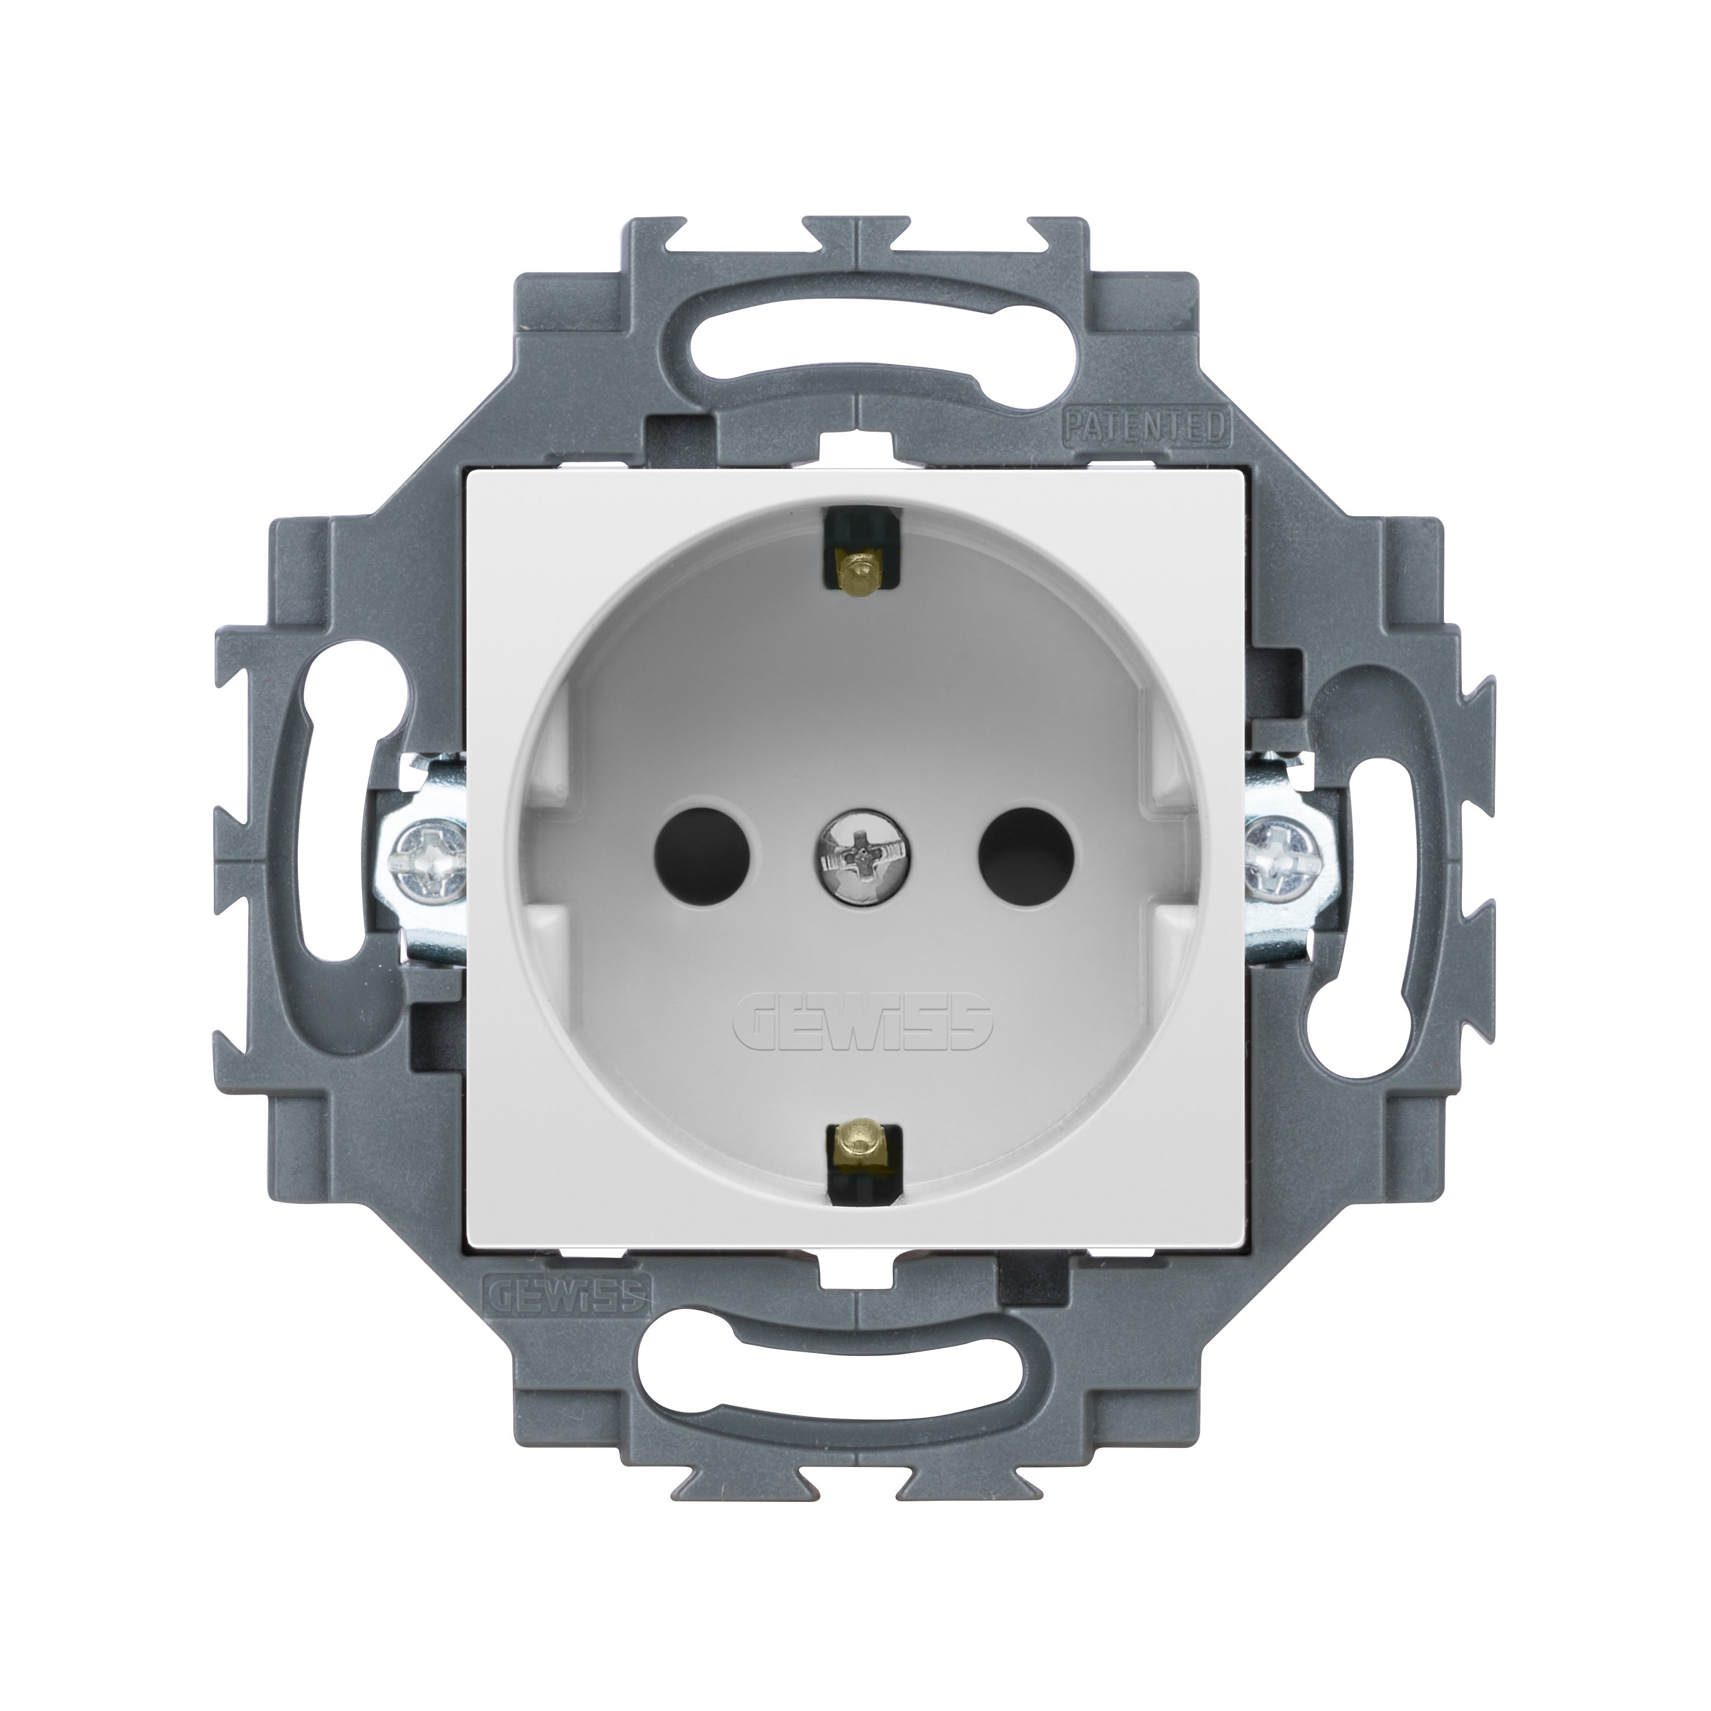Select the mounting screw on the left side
pyautogui.click(x=425, y=855)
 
